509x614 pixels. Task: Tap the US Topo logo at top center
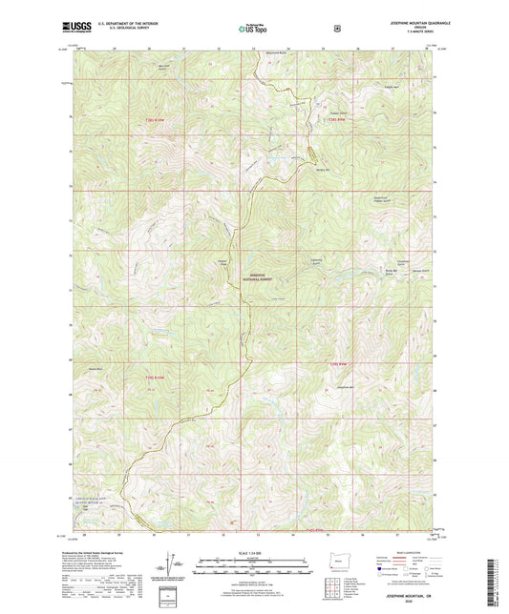[x=253, y=30]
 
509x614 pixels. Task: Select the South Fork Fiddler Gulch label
[x=358, y=200]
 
